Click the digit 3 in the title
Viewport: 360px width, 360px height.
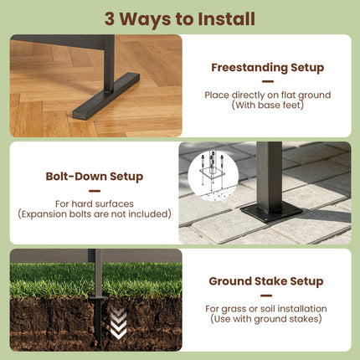(x=110, y=19)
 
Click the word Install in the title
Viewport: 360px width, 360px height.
(x=226, y=19)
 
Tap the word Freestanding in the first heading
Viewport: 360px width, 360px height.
(x=249, y=68)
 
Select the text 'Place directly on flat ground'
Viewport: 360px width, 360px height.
(x=268, y=95)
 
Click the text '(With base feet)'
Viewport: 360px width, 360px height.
(x=268, y=105)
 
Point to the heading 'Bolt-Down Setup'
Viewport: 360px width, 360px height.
(x=95, y=177)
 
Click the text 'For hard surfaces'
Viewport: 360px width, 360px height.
(x=95, y=203)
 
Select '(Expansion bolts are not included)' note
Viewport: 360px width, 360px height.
(x=95, y=214)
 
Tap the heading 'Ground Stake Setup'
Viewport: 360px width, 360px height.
(x=266, y=281)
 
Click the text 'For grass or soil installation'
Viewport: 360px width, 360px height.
(x=266, y=309)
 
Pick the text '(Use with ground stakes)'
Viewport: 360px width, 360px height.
(x=266, y=319)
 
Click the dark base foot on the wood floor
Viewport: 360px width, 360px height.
(x=106, y=95)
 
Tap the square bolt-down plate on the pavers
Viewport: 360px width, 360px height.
(x=271, y=212)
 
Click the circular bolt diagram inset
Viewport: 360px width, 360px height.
(x=213, y=175)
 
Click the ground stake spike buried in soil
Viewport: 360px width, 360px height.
(x=98, y=319)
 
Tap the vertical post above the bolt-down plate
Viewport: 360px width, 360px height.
(x=269, y=176)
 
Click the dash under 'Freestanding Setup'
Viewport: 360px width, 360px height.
(x=268, y=82)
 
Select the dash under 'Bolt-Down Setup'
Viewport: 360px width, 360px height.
(x=95, y=191)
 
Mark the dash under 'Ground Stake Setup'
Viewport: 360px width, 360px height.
(x=266, y=296)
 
